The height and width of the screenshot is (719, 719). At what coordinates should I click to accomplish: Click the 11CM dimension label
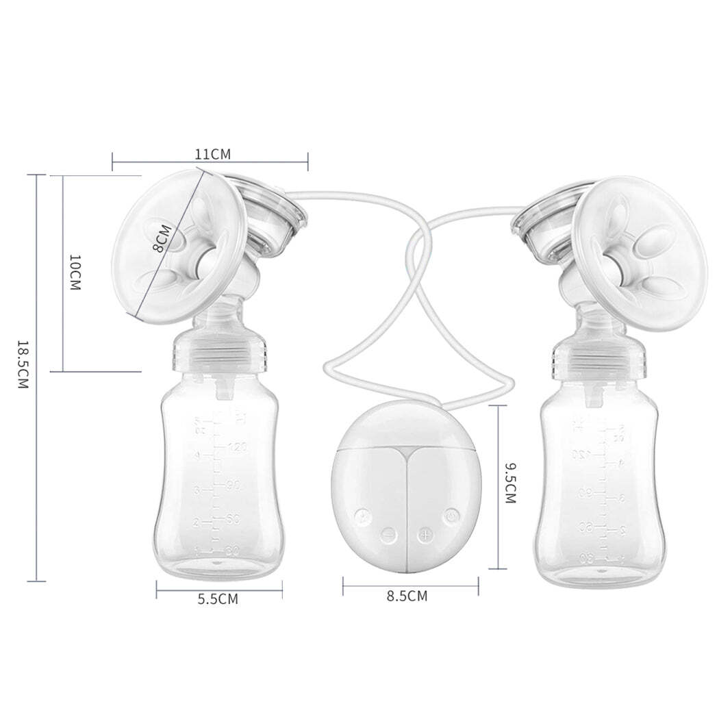click(x=212, y=153)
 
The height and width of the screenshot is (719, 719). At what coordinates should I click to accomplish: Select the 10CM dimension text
click(x=75, y=273)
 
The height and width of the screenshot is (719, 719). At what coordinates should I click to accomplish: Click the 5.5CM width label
click(x=218, y=599)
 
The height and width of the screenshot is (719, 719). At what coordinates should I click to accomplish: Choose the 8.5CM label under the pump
click(x=407, y=596)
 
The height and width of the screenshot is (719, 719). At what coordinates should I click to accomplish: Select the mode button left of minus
click(x=363, y=515)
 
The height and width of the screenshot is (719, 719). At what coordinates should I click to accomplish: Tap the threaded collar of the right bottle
click(x=598, y=356)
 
